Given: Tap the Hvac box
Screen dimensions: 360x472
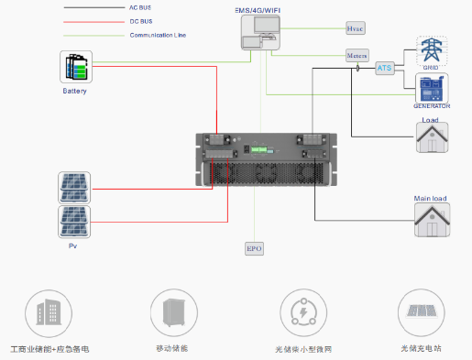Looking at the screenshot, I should point(356,29).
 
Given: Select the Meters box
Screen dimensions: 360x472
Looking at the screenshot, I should point(357,57).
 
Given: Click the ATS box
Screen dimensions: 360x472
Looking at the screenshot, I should point(385,68).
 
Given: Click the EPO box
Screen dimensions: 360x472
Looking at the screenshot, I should point(254,248).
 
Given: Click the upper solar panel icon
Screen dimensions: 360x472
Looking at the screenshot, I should point(74,187).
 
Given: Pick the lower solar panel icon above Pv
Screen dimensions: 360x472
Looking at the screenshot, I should point(74,222).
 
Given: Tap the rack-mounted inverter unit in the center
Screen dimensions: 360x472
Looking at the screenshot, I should point(261,163).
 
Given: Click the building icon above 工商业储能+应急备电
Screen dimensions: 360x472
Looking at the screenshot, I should point(42,311).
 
